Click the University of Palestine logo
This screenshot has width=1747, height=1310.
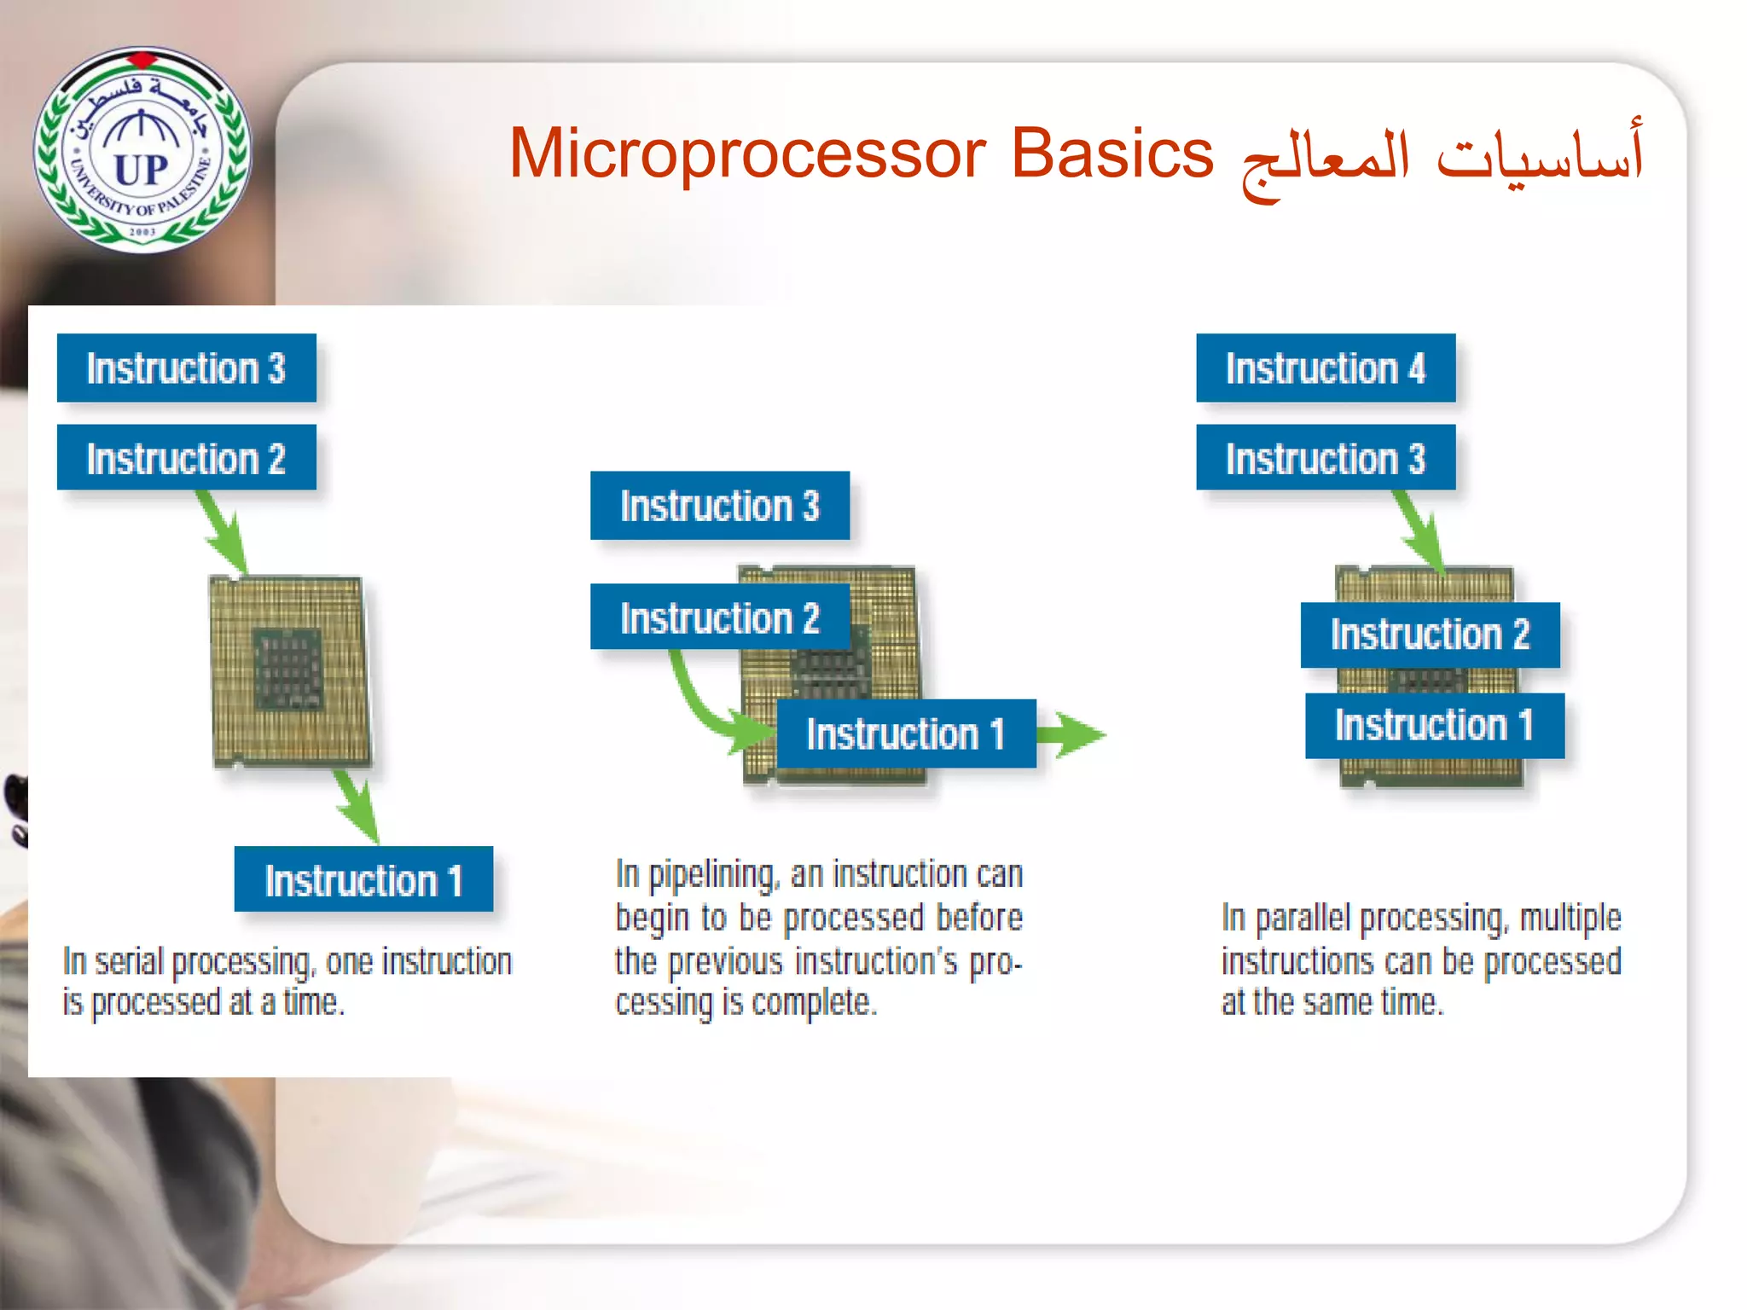point(142,150)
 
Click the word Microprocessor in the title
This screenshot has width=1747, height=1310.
point(747,154)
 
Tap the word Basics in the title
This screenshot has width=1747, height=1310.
point(1111,154)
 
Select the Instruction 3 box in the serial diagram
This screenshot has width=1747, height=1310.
point(186,368)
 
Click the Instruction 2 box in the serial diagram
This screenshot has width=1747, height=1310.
point(186,458)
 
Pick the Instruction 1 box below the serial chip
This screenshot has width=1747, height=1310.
point(363,879)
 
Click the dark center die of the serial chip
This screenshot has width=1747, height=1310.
point(288,669)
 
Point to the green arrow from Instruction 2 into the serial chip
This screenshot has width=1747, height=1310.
point(225,533)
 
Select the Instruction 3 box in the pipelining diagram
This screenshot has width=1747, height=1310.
point(719,506)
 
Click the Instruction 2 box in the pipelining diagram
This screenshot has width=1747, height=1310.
point(719,617)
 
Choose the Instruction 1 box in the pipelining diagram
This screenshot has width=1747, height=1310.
point(906,733)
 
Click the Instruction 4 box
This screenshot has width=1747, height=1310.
point(1326,368)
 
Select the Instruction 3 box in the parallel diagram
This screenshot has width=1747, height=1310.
point(1326,458)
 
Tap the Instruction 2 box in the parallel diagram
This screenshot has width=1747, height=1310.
point(1430,635)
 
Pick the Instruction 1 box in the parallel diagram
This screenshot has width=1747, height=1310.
point(1434,725)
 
